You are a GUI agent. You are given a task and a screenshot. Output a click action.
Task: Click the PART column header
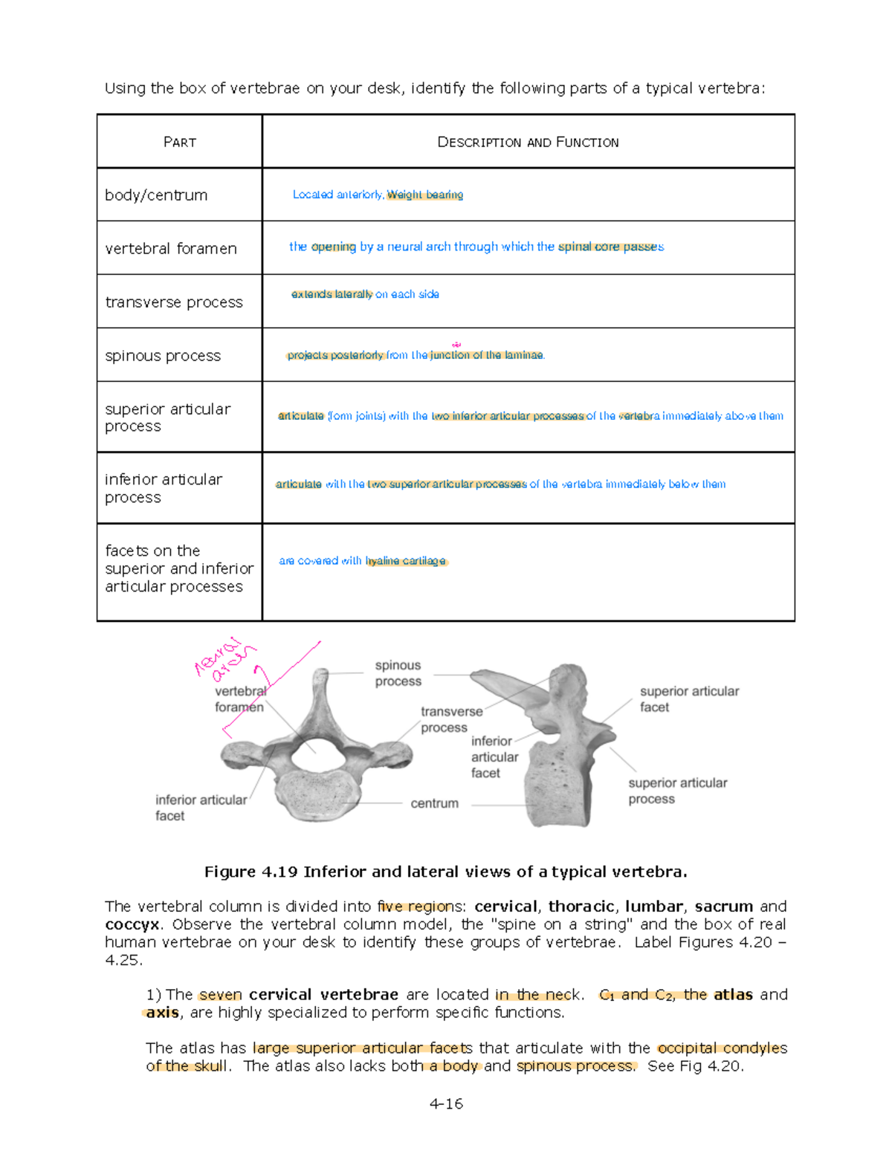(179, 142)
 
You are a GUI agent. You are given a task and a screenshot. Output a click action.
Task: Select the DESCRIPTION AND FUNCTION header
(528, 142)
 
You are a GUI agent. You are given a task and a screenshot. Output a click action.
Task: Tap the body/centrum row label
(156, 195)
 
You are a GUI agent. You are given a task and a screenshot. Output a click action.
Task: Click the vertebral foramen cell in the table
(171, 249)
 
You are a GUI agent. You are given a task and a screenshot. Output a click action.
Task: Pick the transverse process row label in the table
(174, 302)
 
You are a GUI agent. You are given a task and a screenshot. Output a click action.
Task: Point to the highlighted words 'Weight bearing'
(424, 195)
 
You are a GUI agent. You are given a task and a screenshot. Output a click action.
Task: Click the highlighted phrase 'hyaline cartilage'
(406, 561)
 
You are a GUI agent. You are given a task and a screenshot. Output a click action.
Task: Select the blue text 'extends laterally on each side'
(365, 294)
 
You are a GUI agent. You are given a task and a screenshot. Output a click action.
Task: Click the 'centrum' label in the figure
(434, 803)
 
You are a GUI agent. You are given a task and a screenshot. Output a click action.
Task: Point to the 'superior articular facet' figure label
(689, 699)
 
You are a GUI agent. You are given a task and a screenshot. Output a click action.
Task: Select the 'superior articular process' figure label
(677, 791)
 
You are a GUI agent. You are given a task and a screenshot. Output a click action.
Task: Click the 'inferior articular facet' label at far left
(201, 808)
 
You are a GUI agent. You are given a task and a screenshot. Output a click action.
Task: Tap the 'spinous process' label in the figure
(398, 673)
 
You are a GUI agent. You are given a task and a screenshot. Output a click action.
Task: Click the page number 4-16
(446, 1103)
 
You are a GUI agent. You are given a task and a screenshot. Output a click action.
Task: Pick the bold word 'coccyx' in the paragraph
(132, 924)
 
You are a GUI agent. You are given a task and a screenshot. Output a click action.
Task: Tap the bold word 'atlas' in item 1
(733, 995)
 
